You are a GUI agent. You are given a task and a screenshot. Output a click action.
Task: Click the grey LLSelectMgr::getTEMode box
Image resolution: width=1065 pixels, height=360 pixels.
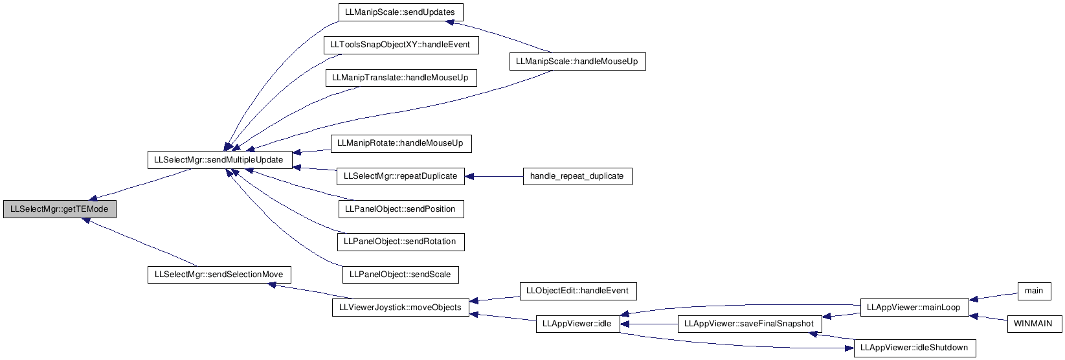click(x=60, y=209)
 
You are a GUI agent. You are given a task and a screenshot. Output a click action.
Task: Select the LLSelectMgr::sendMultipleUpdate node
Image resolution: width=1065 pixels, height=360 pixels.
click(x=219, y=160)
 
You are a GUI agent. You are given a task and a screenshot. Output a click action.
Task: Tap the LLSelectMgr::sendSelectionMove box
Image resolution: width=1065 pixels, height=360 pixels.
click(x=219, y=275)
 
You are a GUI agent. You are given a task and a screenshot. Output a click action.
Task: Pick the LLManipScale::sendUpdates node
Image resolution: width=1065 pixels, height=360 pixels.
click(x=400, y=12)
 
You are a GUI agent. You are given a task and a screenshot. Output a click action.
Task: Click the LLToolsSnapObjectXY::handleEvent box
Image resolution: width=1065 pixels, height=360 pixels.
click(x=401, y=45)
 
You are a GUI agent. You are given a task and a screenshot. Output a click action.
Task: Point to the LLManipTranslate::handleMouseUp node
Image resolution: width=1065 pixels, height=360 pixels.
click(x=401, y=78)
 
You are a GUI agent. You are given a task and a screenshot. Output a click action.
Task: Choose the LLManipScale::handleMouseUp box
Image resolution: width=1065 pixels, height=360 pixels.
click(x=577, y=62)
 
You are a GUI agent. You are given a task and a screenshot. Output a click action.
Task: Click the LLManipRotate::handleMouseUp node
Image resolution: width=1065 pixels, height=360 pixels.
click(x=401, y=144)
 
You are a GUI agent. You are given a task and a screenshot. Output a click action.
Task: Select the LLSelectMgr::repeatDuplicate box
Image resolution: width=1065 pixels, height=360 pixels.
click(x=400, y=176)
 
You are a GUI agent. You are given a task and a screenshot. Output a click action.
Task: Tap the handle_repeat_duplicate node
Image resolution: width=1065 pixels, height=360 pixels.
click(x=577, y=176)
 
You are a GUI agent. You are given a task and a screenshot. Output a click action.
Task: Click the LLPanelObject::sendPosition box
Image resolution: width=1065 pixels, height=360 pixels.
click(x=401, y=209)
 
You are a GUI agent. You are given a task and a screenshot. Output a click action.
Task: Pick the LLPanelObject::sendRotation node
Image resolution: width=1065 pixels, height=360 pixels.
click(x=401, y=242)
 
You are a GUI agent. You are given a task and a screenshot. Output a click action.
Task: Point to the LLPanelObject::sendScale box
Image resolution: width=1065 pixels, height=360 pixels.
click(x=400, y=275)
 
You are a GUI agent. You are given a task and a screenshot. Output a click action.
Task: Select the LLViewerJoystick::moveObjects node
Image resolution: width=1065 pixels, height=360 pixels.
click(x=400, y=308)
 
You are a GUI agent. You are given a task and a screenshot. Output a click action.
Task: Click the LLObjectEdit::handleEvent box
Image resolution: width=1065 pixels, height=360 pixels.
click(x=577, y=291)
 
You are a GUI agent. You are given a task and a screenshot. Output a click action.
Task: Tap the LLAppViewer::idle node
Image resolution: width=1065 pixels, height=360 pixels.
click(x=577, y=324)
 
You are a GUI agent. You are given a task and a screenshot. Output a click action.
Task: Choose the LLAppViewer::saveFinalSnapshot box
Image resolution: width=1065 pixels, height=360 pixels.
click(x=749, y=324)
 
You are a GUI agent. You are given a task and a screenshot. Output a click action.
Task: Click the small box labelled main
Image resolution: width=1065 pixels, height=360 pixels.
click(x=1034, y=291)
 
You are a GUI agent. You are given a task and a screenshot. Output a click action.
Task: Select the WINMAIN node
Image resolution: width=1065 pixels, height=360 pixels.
click(x=1034, y=324)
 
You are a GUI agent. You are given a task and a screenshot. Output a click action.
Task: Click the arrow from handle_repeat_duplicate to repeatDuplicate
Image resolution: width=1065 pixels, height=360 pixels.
click(x=493, y=176)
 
